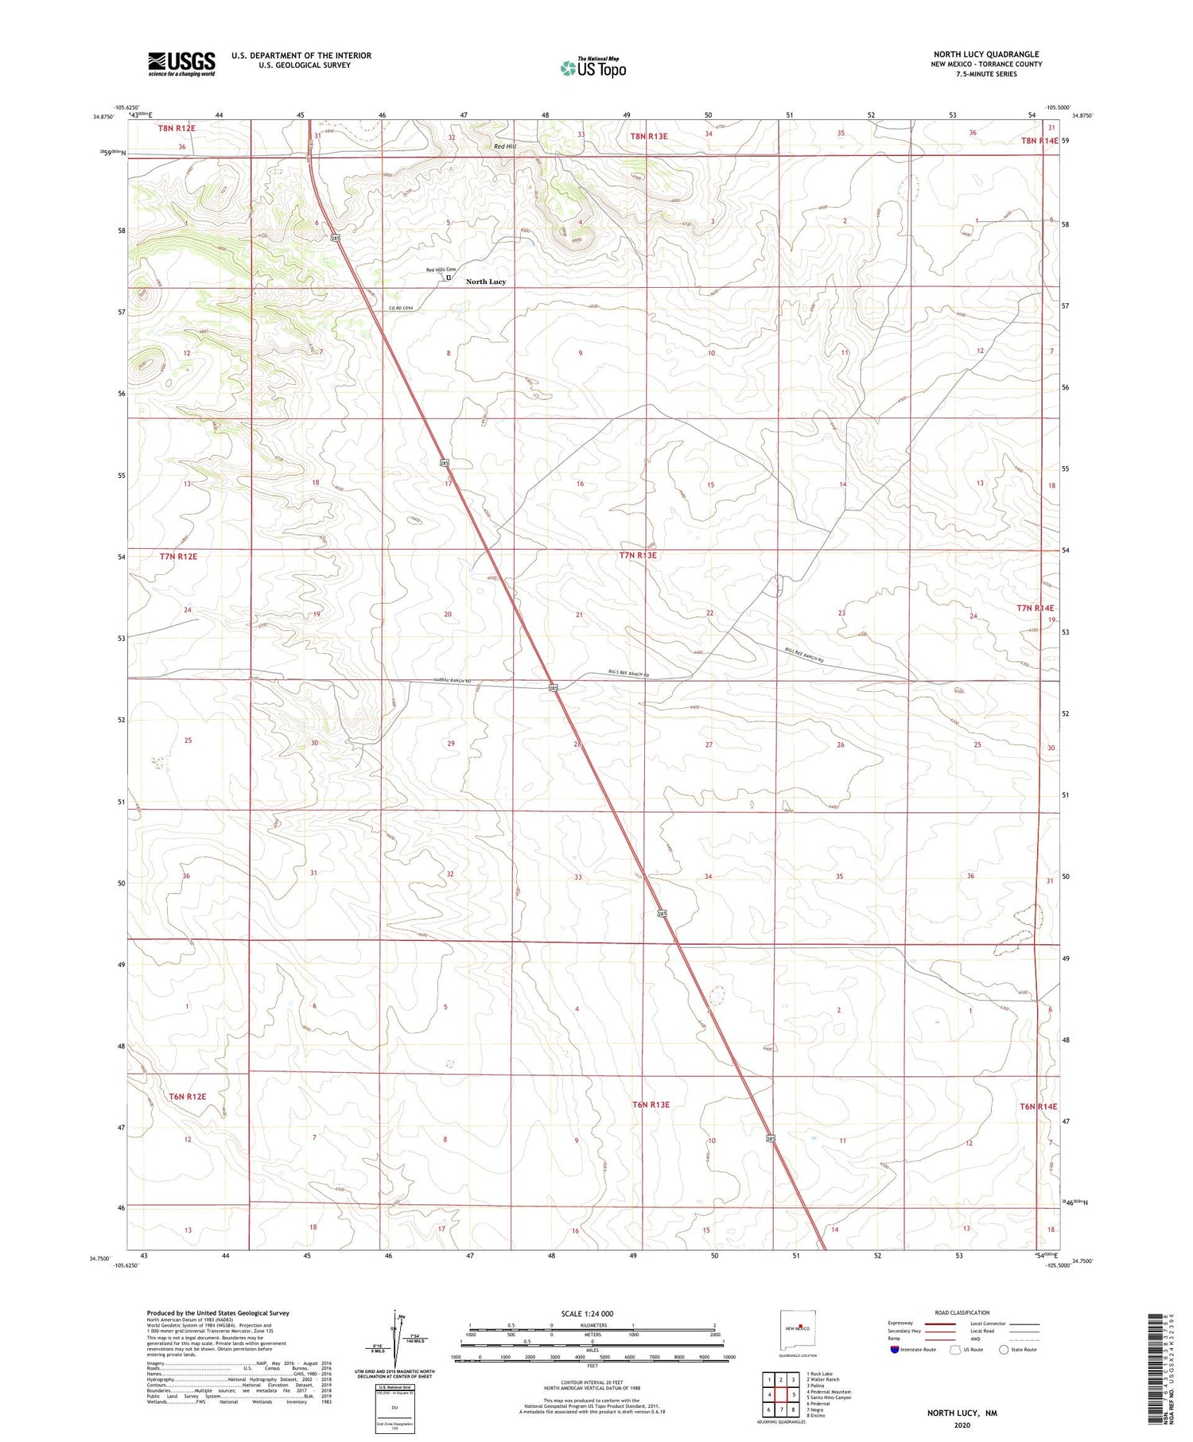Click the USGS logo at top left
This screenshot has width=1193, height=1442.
point(181,64)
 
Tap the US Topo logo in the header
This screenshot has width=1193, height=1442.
point(593,68)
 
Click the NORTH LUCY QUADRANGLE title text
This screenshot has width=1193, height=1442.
point(986,54)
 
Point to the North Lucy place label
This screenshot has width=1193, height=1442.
point(485,282)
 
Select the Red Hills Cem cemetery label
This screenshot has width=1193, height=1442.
point(440,270)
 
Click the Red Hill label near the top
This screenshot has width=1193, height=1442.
point(504,146)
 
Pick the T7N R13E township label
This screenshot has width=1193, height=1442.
point(637,555)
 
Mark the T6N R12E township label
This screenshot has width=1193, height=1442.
point(187,1096)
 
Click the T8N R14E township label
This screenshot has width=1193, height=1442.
point(1040,140)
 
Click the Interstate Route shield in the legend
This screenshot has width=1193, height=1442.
point(896,1349)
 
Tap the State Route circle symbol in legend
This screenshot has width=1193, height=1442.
point(1005,1349)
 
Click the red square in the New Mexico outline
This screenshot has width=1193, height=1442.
point(805,1327)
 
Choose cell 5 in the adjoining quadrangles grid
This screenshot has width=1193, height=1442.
point(794,1394)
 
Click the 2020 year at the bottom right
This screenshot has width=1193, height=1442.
point(962,1422)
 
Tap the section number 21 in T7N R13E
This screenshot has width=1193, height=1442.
point(579,615)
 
